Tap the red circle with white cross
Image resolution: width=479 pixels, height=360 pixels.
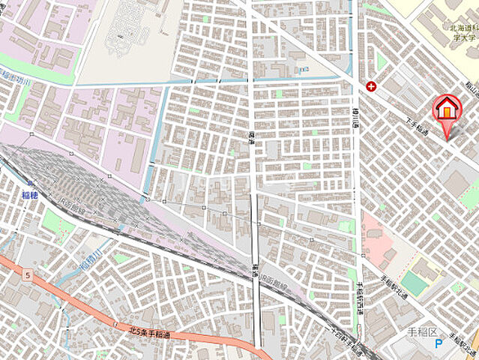click(x=371, y=86)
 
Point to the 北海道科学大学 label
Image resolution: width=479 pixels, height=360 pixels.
click(x=463, y=33)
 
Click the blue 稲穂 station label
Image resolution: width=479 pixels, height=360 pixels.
click(x=29, y=195)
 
